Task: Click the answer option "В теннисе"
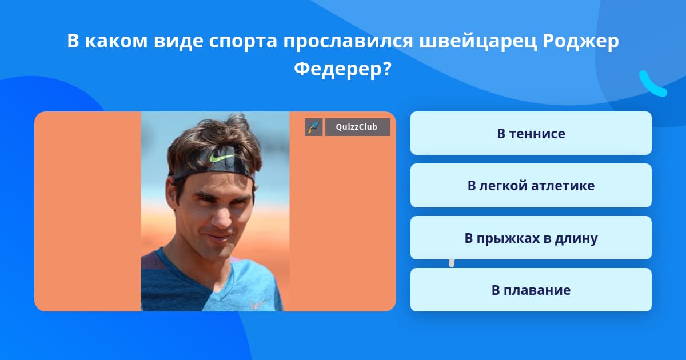point(531,134)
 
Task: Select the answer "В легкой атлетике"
point(531,186)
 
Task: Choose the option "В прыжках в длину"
point(531,238)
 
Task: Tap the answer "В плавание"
point(531,290)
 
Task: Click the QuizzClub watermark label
point(357,127)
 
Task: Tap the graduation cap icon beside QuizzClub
point(314,127)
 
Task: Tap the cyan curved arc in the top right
point(652,85)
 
